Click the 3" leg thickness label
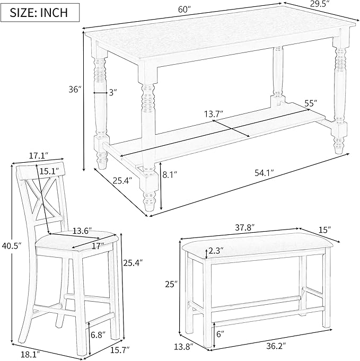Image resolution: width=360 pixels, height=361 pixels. point(112,92)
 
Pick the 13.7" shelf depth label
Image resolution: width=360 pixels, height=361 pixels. point(213,114)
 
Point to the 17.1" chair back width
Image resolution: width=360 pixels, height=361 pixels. point(38,155)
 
